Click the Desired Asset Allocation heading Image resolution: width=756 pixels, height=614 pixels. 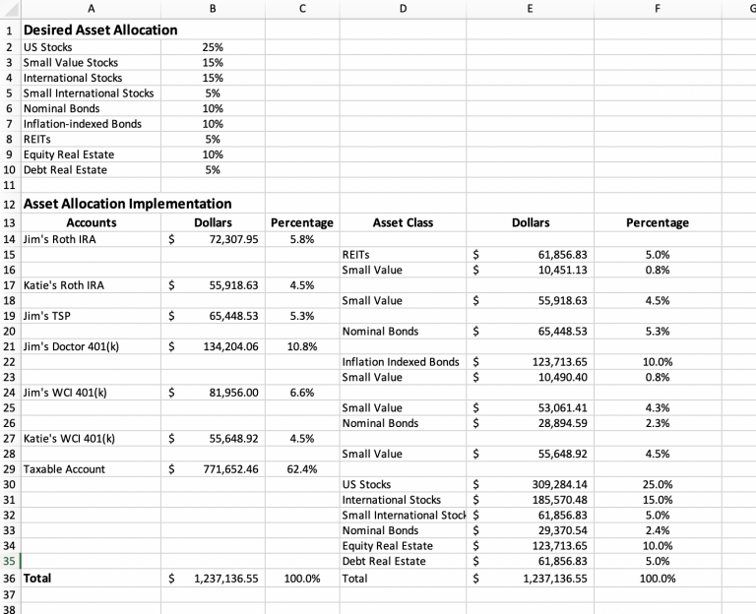[x=100, y=30]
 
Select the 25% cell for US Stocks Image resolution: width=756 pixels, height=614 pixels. [x=212, y=47]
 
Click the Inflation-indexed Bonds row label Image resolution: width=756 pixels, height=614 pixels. [x=83, y=124]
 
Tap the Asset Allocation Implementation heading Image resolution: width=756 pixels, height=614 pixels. [x=127, y=204]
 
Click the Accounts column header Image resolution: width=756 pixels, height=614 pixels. [x=91, y=223]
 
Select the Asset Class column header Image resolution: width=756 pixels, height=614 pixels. [x=403, y=223]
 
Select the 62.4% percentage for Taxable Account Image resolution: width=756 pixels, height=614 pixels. [x=301, y=469]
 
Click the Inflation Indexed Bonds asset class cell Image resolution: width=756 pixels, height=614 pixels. [x=400, y=362]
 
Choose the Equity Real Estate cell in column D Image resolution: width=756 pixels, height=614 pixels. [x=387, y=546]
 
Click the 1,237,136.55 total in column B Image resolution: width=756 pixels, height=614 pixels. [x=225, y=579]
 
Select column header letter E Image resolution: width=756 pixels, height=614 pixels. [x=531, y=8]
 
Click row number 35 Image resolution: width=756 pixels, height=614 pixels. [x=10, y=562]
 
